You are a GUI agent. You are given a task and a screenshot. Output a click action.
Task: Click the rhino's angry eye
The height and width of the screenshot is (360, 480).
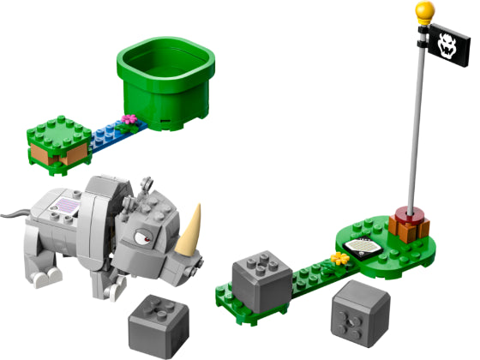164,231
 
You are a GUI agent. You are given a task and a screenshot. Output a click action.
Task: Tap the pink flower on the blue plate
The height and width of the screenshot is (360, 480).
129,119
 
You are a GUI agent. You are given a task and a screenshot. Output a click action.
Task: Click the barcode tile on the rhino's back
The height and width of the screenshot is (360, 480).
68,207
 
